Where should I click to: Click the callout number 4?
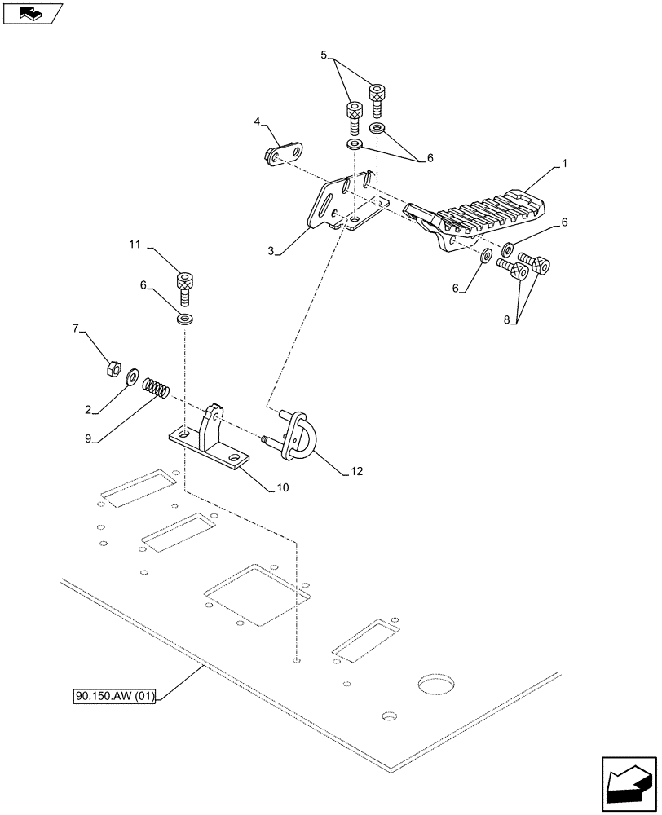click(258, 122)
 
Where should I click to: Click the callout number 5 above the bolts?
click(324, 56)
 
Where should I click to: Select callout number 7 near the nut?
click(77, 328)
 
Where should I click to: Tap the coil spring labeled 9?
click(155, 387)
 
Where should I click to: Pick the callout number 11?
click(135, 244)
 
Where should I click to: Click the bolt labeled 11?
click(185, 289)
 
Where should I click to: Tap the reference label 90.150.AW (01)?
click(113, 696)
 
